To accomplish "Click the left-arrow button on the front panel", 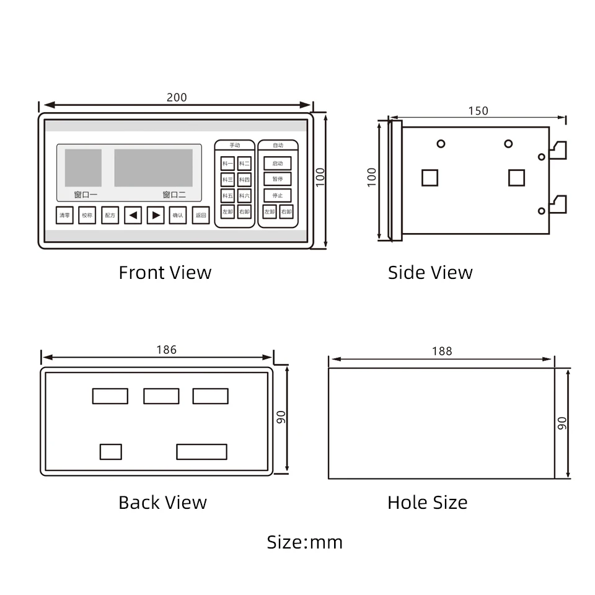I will pyautogui.click(x=133, y=215).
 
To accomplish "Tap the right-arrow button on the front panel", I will pyautogui.click(x=156, y=215).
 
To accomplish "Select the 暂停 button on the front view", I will pyautogui.click(x=277, y=179).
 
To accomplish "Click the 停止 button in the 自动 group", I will pyautogui.click(x=277, y=195).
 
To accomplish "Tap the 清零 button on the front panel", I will pyautogui.click(x=64, y=215).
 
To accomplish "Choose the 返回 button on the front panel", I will pyautogui.click(x=200, y=215).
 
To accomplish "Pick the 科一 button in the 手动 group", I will pyautogui.click(x=227, y=164).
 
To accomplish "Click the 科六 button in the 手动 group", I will pyautogui.click(x=244, y=196).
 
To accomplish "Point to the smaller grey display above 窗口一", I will pyautogui.click(x=83, y=168).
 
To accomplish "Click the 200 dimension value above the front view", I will pyautogui.click(x=177, y=97).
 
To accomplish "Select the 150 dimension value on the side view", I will pyautogui.click(x=478, y=111).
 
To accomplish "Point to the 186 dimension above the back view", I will pyautogui.click(x=166, y=350).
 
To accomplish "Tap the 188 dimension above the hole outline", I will pyautogui.click(x=442, y=351).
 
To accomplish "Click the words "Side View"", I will pyautogui.click(x=430, y=273).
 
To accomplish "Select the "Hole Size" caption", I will pyautogui.click(x=428, y=502).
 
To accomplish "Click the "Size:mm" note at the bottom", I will pyautogui.click(x=304, y=542).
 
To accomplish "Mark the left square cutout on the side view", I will pyautogui.click(x=430, y=177).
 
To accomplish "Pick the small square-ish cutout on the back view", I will pyautogui.click(x=110, y=452).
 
